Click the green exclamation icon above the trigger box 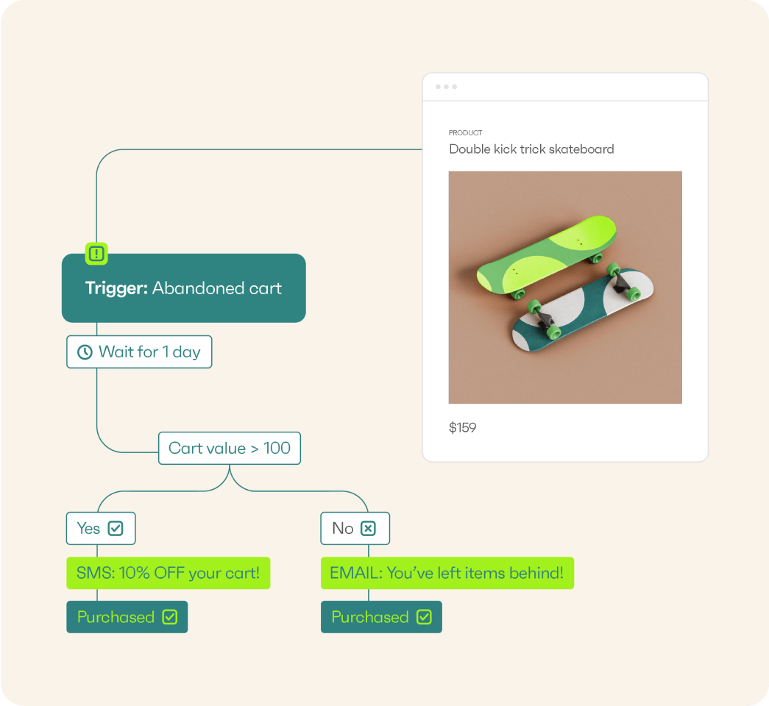(96, 254)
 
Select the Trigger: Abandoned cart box (184, 288)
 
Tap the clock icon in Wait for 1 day (85, 352)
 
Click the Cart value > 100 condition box (230, 448)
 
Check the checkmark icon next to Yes (116, 529)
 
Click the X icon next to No (369, 529)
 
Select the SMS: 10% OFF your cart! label (169, 573)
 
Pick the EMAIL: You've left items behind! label (447, 573)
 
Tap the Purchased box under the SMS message (127, 617)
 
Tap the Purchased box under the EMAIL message (382, 617)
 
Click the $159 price (462, 427)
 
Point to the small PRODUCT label (465, 133)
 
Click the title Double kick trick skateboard (531, 149)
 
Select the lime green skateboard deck (547, 255)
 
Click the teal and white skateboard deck (583, 310)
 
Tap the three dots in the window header (446, 87)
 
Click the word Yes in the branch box (89, 529)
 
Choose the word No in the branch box (343, 529)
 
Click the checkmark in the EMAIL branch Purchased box (424, 617)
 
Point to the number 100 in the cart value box (277, 448)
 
